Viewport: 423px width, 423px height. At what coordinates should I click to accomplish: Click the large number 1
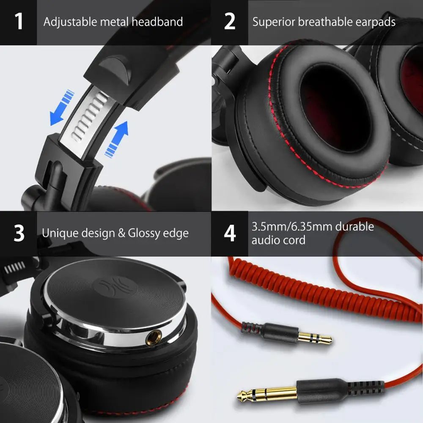click(x=19, y=22)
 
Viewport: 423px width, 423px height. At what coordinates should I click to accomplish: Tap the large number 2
click(x=230, y=22)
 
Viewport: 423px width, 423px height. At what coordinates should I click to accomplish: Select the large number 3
click(x=19, y=233)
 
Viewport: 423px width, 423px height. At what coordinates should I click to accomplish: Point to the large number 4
click(x=230, y=233)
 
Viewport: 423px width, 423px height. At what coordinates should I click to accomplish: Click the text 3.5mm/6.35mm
click(x=291, y=227)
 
